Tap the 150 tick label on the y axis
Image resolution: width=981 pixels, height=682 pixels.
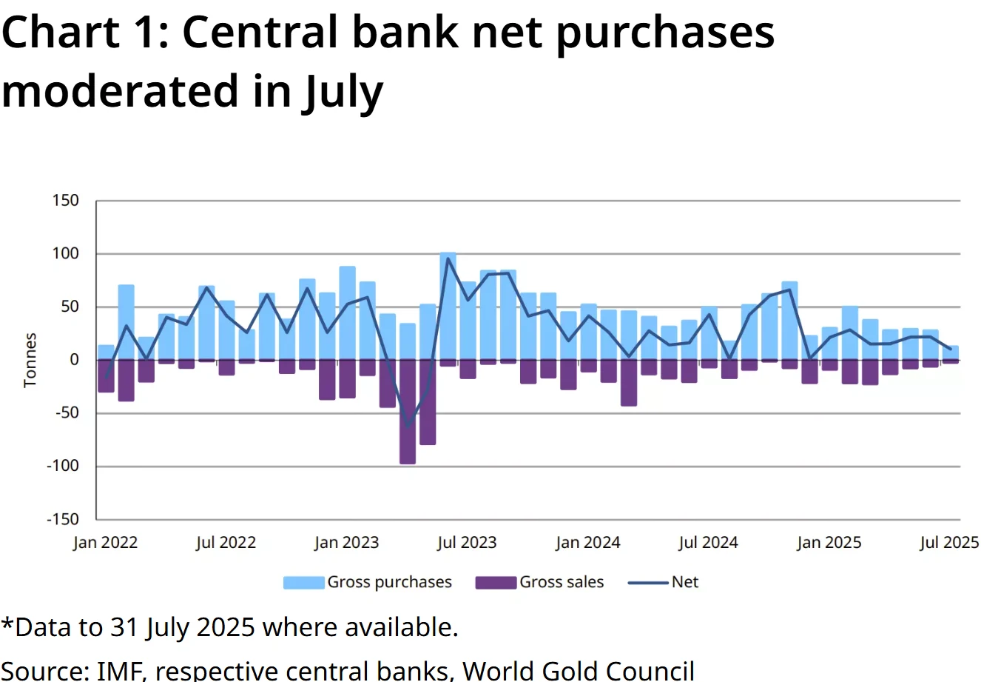[x=65, y=201]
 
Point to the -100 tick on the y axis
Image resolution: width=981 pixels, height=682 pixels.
[x=62, y=467]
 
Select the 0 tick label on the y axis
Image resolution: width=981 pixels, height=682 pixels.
[x=73, y=360]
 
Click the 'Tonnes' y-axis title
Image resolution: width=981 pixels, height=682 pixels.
[x=30, y=360]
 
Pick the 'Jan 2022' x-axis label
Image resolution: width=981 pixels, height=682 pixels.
[x=105, y=543]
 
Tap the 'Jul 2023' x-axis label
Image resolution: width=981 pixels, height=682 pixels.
[x=467, y=543]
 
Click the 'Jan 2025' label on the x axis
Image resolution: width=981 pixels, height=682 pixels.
[x=829, y=543]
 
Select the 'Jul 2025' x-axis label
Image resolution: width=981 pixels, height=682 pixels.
[x=949, y=543]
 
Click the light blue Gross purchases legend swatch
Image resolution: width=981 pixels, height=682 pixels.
[x=303, y=583]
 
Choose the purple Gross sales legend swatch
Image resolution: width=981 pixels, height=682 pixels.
[x=495, y=583]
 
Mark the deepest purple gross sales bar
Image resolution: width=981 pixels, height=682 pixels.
[x=408, y=412]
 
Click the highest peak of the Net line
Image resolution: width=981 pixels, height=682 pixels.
[x=448, y=258]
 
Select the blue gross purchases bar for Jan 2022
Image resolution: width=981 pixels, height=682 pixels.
[x=107, y=352]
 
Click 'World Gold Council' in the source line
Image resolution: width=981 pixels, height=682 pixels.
[x=579, y=670]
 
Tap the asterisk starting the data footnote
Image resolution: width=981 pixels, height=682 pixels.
[x=7, y=624]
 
